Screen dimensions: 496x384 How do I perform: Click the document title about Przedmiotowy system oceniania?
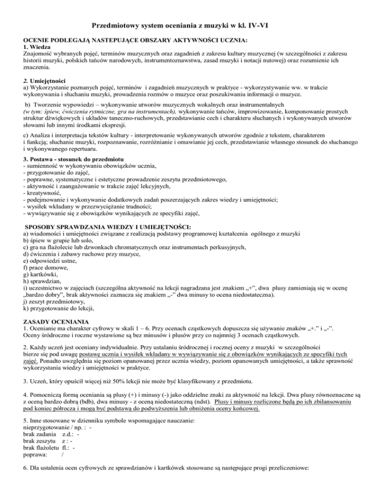[x=191, y=25]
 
